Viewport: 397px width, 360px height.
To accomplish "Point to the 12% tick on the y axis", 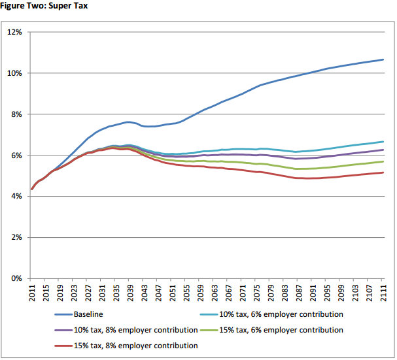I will (15, 32).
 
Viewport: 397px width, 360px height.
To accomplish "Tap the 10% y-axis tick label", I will (15, 73).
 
